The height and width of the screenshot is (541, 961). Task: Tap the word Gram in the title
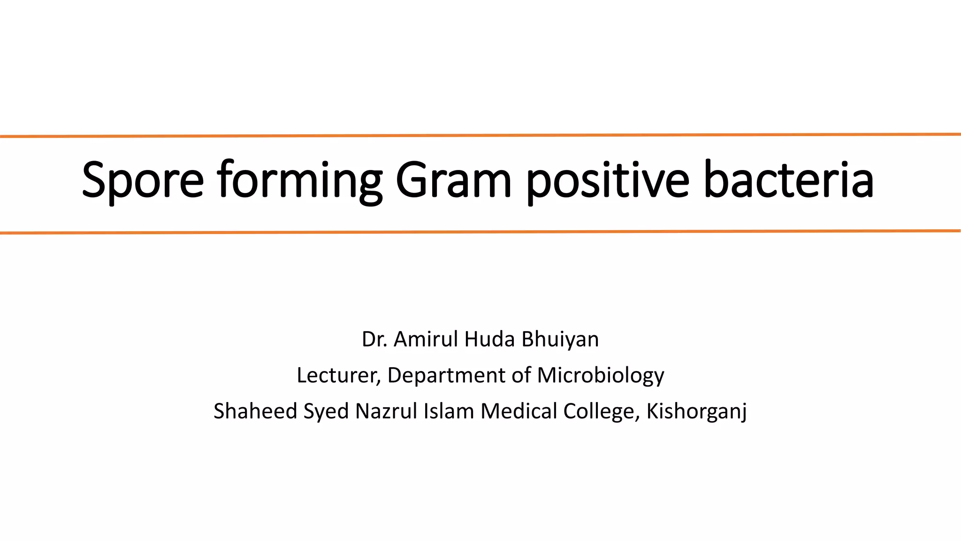click(x=453, y=180)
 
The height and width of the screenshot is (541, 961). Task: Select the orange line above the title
click(x=480, y=135)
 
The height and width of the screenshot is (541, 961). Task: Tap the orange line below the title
click(x=480, y=232)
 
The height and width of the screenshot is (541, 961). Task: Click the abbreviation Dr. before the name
click(x=374, y=339)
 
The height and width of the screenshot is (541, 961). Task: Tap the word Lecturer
click(x=338, y=375)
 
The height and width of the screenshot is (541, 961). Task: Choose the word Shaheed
click(x=255, y=411)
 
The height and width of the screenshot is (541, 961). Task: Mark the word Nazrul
click(x=386, y=411)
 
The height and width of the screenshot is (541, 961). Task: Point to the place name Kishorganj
click(x=696, y=412)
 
